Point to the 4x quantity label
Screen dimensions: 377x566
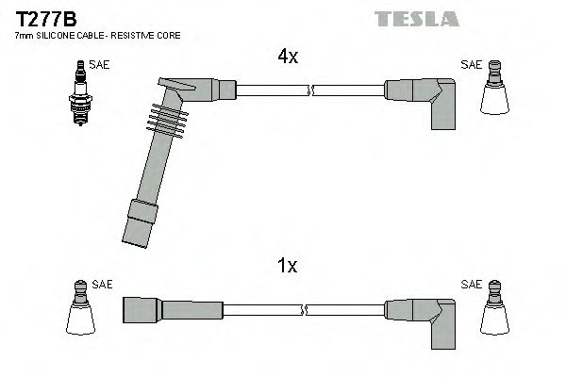(x=288, y=57)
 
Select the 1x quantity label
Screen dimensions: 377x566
(x=288, y=266)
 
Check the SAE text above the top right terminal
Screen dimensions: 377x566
(x=471, y=65)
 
